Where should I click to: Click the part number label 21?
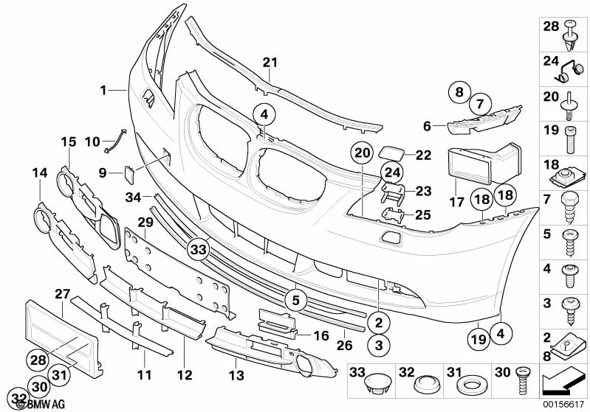click(x=271, y=61)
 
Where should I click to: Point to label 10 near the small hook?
click(x=92, y=140)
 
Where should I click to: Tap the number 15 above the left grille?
click(x=69, y=142)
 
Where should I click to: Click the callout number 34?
click(x=133, y=197)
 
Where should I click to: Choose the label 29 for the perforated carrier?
click(x=145, y=222)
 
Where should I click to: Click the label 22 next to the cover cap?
click(x=422, y=155)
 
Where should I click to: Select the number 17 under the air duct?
click(x=456, y=200)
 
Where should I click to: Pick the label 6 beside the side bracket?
click(x=428, y=127)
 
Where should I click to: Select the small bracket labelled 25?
click(x=394, y=214)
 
